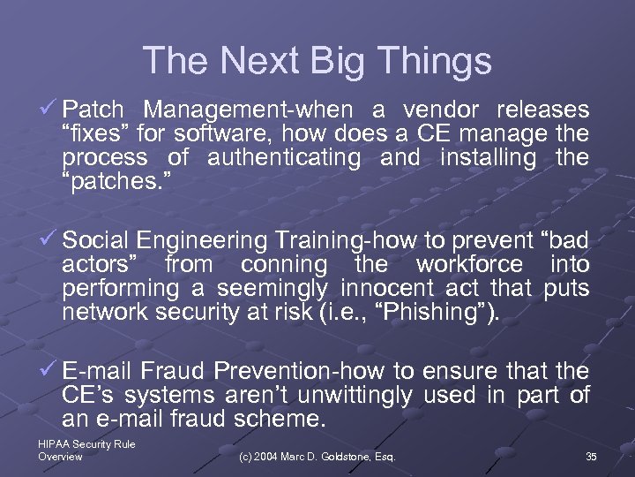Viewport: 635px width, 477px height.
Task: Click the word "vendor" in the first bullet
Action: coord(441,110)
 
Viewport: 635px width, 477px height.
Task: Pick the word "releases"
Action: coord(542,110)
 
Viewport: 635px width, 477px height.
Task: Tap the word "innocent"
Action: coord(387,289)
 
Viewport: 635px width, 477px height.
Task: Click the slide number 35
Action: coord(591,457)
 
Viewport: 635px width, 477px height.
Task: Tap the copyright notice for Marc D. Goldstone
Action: coord(317,457)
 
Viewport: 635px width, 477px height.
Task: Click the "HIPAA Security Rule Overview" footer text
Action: coord(86,450)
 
